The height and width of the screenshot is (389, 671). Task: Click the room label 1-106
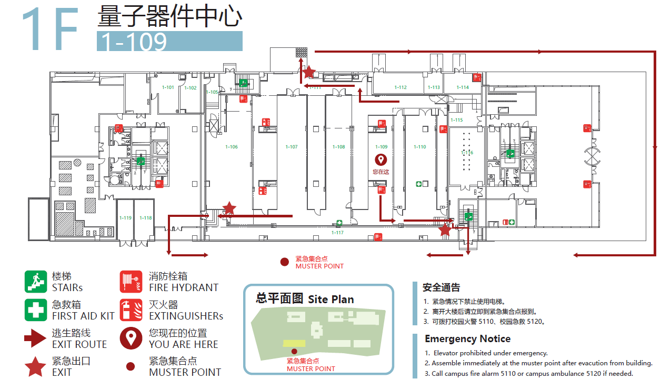pyautogui.click(x=232, y=147)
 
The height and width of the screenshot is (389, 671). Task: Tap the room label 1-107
pyautogui.click(x=292, y=147)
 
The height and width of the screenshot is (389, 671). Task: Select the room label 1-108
pyautogui.click(x=339, y=147)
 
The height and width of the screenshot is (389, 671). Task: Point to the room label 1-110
pyautogui.click(x=420, y=147)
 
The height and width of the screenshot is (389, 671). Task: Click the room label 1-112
pyautogui.click(x=400, y=87)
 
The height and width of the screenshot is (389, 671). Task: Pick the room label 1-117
pyautogui.click(x=337, y=232)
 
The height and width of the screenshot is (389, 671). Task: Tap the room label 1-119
pyautogui.click(x=125, y=218)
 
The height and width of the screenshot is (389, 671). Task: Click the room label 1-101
pyautogui.click(x=168, y=87)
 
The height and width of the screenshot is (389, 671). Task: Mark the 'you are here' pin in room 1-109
pyautogui.click(x=380, y=159)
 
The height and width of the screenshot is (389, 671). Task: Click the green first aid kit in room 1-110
pyautogui.click(x=419, y=184)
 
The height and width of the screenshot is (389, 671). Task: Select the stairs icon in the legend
pyautogui.click(x=36, y=282)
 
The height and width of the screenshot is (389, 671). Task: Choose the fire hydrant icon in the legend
pyautogui.click(x=131, y=282)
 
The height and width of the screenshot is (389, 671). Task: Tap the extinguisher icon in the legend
pyautogui.click(x=131, y=310)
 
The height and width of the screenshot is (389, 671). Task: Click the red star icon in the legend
pyautogui.click(x=36, y=366)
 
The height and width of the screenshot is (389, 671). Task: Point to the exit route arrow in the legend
pyautogui.click(x=36, y=338)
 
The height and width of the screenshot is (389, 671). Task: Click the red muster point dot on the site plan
pyautogui.click(x=294, y=351)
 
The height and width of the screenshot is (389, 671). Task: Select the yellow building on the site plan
pyautogui.click(x=294, y=343)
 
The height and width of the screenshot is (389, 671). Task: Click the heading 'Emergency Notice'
pyautogui.click(x=467, y=338)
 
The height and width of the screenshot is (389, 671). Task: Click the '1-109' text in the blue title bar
pyautogui.click(x=134, y=42)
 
